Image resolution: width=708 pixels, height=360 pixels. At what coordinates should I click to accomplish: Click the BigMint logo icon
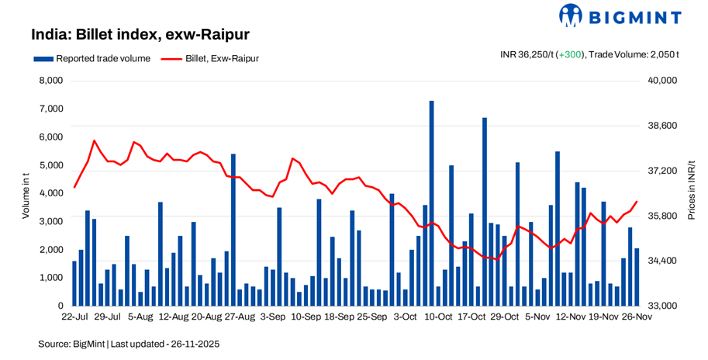pyautogui.click(x=571, y=16)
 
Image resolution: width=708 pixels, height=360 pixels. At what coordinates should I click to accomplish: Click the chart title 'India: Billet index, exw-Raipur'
pyautogui.click(x=140, y=35)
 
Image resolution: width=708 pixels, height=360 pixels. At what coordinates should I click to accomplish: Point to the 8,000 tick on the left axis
pyautogui.click(x=50, y=81)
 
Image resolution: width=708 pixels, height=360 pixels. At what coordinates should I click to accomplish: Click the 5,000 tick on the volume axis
pyautogui.click(x=50, y=165)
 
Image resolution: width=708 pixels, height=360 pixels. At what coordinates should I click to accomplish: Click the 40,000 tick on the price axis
pyautogui.click(x=662, y=81)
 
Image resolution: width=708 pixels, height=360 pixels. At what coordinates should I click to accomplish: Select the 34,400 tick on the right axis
pyautogui.click(x=662, y=261)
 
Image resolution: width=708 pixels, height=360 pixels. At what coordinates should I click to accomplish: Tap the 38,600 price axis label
pyautogui.click(x=662, y=126)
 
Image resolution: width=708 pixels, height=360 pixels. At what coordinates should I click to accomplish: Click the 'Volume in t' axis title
pyautogui.click(x=25, y=194)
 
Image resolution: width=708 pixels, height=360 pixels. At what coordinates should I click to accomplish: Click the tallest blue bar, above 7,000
pyautogui.click(x=431, y=202)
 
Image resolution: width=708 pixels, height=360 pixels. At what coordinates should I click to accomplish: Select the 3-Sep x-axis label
pyautogui.click(x=272, y=317)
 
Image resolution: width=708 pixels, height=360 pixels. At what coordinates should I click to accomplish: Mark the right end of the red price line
pyautogui.click(x=637, y=202)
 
